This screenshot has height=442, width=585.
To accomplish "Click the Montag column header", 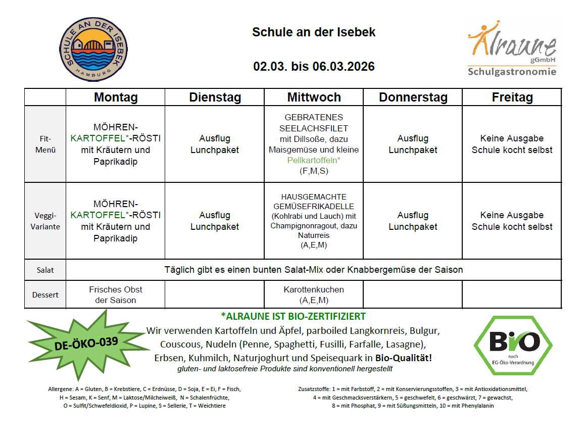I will (116, 97).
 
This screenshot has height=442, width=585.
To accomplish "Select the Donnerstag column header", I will (413, 97).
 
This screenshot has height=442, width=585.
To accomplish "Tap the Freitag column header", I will (512, 97).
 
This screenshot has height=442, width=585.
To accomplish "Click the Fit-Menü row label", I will (45, 144).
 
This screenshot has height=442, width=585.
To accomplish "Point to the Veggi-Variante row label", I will (45, 221).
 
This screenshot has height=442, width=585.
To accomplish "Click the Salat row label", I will (45, 270).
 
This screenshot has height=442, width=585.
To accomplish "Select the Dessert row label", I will (45, 294).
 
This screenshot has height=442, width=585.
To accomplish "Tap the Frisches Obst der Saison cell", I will (116, 294).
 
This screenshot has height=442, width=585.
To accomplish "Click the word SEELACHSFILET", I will (314, 128).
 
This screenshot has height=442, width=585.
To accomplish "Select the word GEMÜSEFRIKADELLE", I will (314, 207).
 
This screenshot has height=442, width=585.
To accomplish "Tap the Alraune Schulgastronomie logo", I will (512, 48).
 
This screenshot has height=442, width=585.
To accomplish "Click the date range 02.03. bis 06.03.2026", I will (314, 66).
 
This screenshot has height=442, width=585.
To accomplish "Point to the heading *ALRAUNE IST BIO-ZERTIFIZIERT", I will (293, 317).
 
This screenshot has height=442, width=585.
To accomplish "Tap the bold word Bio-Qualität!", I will (403, 358).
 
